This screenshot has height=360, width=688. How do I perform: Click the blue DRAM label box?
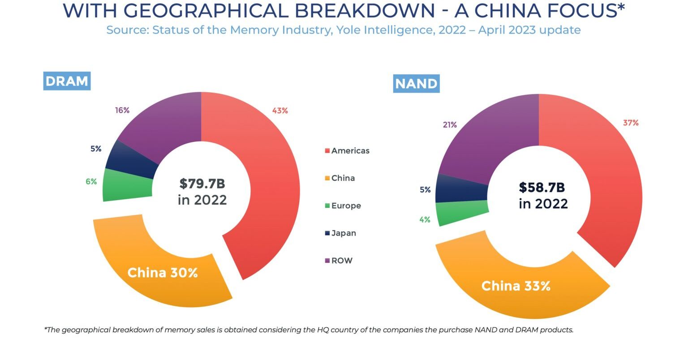pos(67,81)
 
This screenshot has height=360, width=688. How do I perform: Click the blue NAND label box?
pos(416,84)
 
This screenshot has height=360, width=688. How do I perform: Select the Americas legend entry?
pos(347,151)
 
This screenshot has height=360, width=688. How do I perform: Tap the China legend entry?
pos(340,178)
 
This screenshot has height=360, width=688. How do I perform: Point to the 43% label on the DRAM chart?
pos(280,111)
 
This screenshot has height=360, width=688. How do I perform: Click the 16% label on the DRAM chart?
pos(122,110)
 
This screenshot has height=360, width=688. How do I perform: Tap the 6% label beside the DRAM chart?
pos(91,182)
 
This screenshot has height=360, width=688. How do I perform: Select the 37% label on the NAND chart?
pos(631,123)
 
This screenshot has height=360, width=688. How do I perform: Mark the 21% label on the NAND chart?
pos(450,125)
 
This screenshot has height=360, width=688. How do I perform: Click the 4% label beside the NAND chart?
pos(425,219)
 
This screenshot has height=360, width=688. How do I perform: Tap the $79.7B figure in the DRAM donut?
pos(202,184)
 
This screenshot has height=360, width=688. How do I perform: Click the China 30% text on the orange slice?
pos(163,273)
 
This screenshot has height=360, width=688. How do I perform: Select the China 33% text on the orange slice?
pos(516,286)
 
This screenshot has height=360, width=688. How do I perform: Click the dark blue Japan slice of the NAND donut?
pos(461,188)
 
